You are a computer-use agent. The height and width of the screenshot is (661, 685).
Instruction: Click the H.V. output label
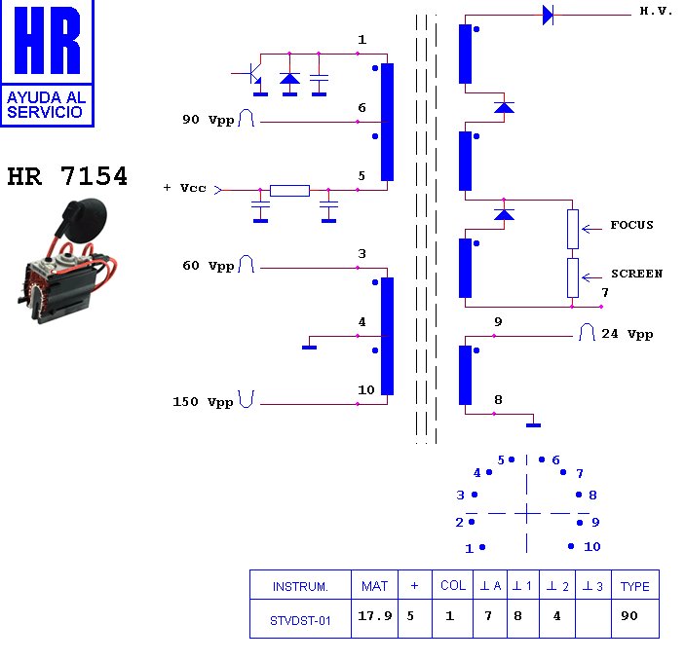[656, 12]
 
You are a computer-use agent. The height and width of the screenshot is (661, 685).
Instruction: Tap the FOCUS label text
[631, 225]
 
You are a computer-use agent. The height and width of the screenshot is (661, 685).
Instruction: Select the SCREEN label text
[636, 274]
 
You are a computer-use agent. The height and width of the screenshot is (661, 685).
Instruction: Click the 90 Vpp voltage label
[208, 121]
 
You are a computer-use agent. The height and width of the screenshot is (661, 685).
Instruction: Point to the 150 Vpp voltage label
[203, 401]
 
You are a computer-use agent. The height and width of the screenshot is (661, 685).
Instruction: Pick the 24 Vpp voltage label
[627, 334]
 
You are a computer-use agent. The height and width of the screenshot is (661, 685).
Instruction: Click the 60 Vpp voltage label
[208, 266]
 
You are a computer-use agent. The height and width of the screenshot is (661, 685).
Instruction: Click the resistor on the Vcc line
[289, 190]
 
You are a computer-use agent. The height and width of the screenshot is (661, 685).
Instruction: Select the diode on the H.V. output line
[548, 14]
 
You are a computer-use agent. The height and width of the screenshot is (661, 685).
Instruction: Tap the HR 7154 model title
[67, 177]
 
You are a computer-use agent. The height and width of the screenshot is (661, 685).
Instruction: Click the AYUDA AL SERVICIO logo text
[46, 104]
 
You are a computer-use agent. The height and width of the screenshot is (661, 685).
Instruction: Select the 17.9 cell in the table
[374, 616]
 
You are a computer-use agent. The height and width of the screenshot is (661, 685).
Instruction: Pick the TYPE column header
[634, 586]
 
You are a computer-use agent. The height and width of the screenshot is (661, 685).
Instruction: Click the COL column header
[453, 586]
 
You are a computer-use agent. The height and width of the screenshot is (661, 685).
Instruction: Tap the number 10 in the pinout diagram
[592, 547]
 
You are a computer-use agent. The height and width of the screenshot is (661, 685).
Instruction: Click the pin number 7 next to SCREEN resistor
[604, 292]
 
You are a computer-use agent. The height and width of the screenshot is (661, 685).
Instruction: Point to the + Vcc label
[185, 188]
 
